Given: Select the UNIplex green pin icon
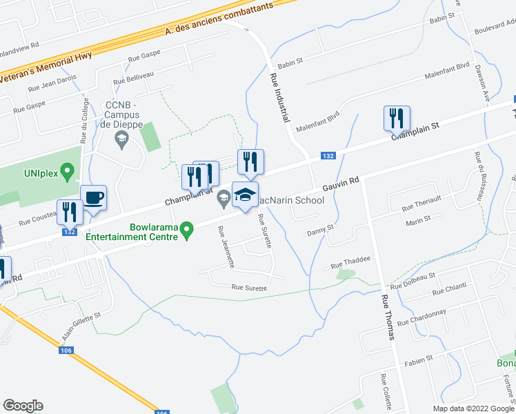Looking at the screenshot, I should (68, 170).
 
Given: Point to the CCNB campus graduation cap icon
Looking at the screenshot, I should (121, 140).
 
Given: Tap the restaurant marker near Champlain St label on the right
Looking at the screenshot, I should (397, 119).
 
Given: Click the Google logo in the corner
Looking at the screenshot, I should (23, 406).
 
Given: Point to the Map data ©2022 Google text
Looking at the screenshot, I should (473, 408).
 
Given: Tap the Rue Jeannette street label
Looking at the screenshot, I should (226, 247).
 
